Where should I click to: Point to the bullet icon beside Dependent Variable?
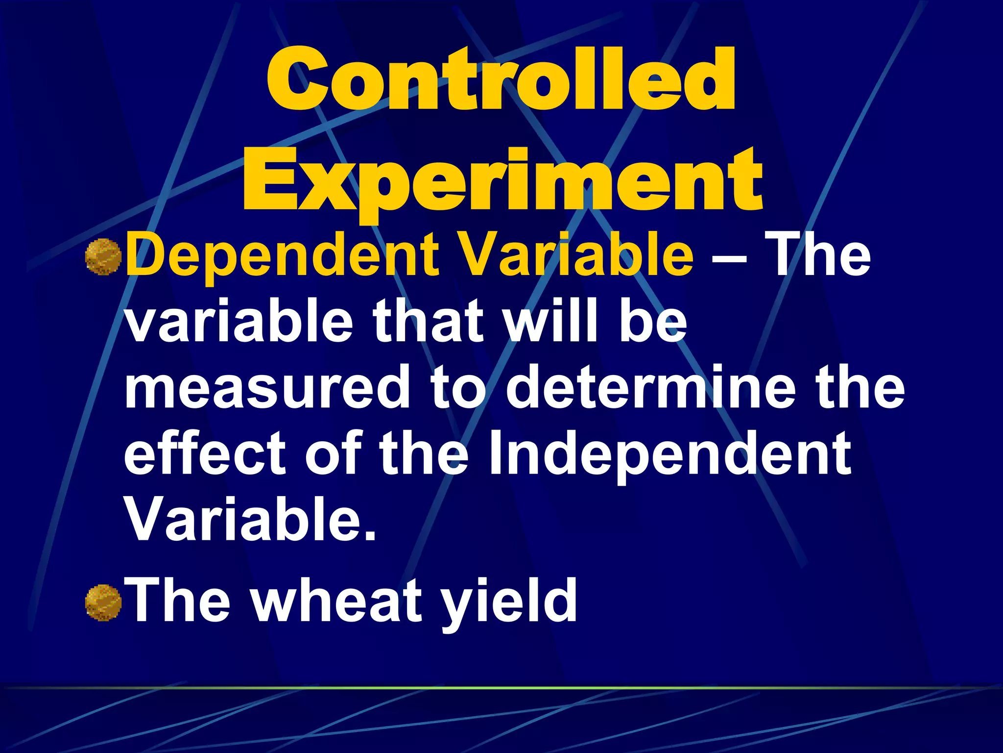point(103,256)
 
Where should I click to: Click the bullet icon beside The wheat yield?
point(103,602)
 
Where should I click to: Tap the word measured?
point(267,387)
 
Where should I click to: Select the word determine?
point(650,387)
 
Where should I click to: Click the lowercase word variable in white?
point(239,322)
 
